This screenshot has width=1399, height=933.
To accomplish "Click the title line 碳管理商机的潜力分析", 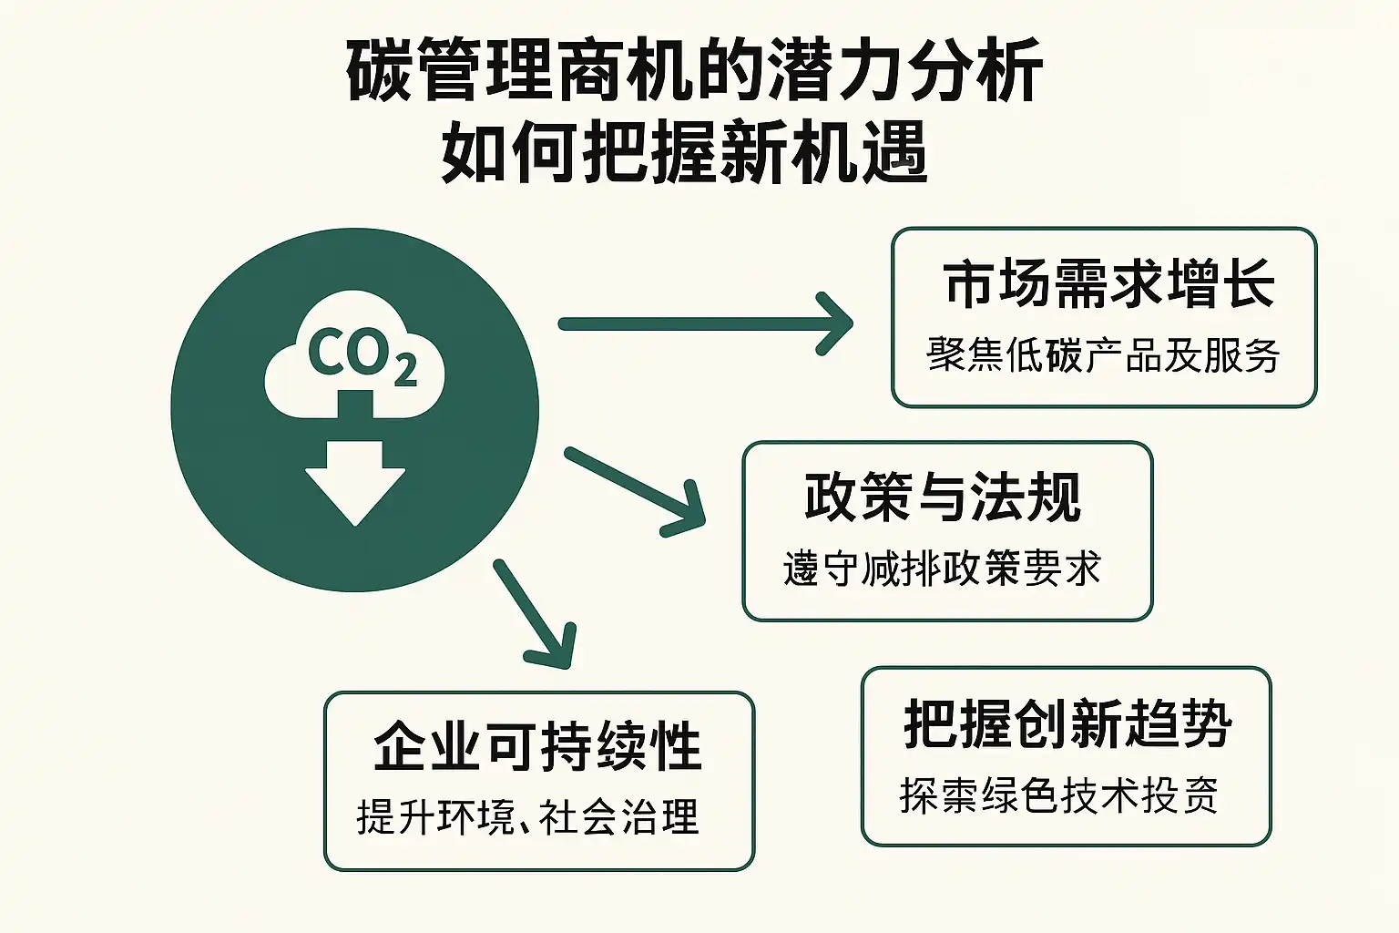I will (694, 71).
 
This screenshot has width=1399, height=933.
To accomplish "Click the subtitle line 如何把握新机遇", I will (685, 151).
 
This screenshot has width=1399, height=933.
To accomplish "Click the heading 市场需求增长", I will (1108, 284).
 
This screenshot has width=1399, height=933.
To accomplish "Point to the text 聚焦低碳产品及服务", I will (1103, 355).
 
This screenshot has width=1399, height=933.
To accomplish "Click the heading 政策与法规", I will (943, 497).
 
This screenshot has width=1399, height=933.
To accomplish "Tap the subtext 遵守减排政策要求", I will (942, 569).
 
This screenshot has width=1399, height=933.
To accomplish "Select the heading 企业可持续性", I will (537, 747).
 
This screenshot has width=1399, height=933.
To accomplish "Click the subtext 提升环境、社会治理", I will (527, 816).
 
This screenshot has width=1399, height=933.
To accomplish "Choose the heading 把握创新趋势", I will (1067, 724).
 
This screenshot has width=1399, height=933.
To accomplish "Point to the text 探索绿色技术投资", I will (1058, 795).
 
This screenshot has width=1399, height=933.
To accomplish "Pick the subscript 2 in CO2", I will (405, 369).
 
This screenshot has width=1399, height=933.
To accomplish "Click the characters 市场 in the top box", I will (998, 284).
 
